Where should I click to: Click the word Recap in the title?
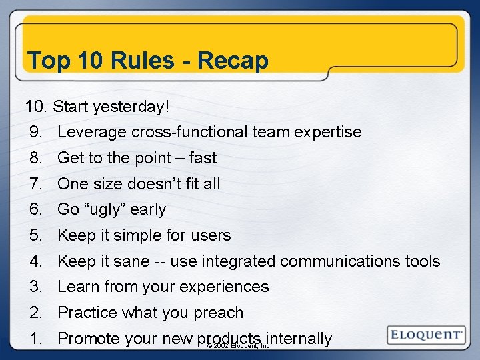click(x=233, y=61)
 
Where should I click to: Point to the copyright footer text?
click(x=238, y=346)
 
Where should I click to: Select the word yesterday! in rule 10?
click(x=131, y=106)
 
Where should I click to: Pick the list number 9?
click(x=36, y=132)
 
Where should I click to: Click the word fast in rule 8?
click(x=203, y=158)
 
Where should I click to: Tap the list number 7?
click(x=36, y=183)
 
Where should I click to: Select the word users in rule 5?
click(x=209, y=235)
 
